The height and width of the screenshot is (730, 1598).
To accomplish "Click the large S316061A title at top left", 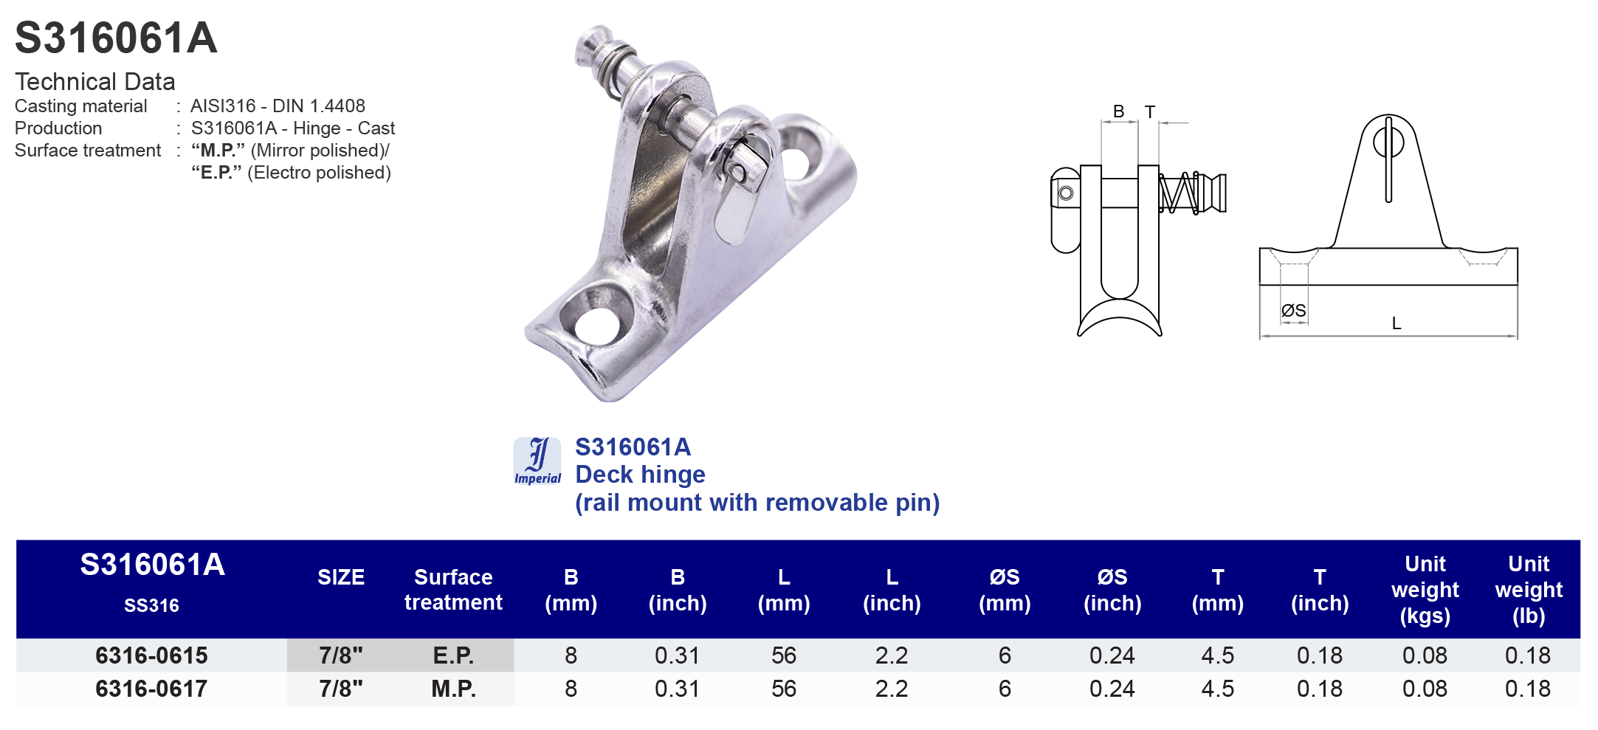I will (116, 38).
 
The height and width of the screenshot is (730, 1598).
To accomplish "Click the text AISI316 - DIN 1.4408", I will (278, 106).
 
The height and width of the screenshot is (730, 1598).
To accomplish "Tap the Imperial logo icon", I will (537, 461).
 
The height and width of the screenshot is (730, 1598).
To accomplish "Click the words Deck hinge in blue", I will (640, 475).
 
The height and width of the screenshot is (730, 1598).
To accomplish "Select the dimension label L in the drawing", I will (1396, 323).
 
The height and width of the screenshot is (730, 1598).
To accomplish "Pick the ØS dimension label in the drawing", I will (1293, 311).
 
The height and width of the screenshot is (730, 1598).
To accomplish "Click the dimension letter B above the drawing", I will (1118, 111).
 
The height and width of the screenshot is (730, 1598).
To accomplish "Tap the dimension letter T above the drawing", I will (1149, 112).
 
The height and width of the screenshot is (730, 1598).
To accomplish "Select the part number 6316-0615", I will (151, 655).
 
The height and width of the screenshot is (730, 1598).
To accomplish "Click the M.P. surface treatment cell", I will (453, 689).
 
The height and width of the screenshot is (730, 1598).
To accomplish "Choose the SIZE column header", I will (341, 577).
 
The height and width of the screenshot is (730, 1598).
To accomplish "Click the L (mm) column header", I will (784, 590).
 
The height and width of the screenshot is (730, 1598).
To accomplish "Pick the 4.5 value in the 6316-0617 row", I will (1217, 689).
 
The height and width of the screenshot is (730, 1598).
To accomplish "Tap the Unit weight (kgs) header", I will (1425, 590).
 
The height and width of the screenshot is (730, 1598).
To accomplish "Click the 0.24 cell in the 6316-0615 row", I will (1112, 655).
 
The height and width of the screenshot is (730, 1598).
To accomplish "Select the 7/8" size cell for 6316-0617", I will (341, 689).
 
